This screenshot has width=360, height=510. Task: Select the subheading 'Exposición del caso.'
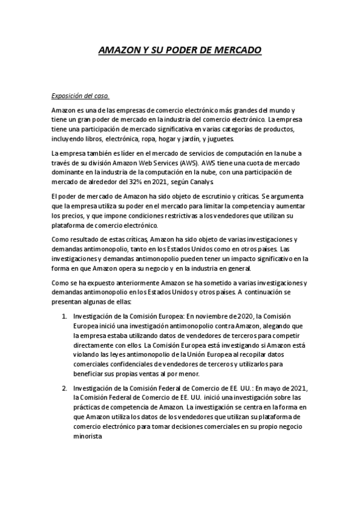[80, 96]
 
